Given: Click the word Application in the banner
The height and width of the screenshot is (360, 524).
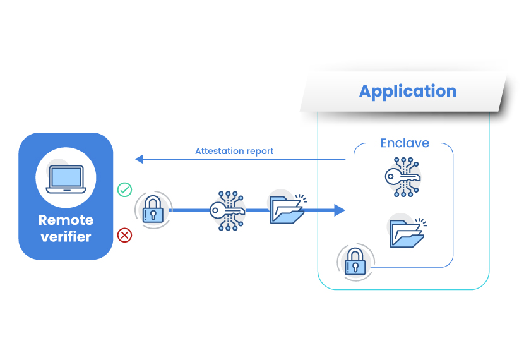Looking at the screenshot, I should tap(408, 91).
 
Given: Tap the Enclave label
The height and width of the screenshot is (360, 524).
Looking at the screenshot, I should tap(404, 143).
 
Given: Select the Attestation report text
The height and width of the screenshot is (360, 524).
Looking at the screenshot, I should tap(234, 152).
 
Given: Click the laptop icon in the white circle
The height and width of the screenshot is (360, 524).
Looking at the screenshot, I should tap(66, 179).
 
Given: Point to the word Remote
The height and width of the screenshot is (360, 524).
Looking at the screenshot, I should tap(66, 220).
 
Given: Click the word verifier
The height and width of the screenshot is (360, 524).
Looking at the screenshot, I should tap(66, 237).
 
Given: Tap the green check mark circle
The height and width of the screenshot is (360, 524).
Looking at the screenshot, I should tap(125, 189).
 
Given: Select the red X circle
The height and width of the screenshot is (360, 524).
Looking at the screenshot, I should tap(125, 236).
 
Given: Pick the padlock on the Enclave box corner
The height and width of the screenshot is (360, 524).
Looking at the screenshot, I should tap(355, 261).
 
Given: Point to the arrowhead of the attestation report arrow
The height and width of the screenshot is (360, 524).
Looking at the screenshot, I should tap(140, 159).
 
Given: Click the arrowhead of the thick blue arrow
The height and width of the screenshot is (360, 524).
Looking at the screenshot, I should tap(340, 210).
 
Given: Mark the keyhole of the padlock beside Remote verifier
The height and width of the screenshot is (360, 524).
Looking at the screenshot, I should tap(153, 215).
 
